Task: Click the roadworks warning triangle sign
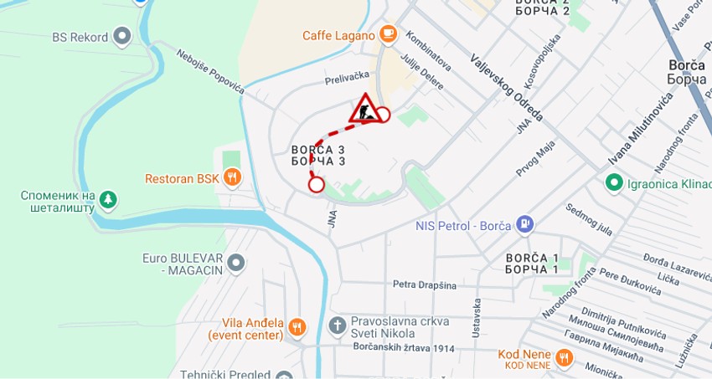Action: click(364, 109)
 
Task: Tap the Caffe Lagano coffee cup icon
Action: click(387, 33)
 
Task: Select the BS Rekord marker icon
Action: click(122, 36)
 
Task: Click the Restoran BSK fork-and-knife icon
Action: click(233, 177)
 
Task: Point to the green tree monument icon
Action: click(107, 199)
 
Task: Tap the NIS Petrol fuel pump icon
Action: click(525, 224)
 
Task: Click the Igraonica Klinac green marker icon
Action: click(613, 182)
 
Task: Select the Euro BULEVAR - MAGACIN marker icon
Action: click(236, 263)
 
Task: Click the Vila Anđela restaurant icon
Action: click(297, 327)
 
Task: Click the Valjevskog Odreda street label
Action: click(507, 87)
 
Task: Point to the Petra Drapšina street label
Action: click(425, 284)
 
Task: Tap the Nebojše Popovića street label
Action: click(209, 70)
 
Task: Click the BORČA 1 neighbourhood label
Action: click(532, 263)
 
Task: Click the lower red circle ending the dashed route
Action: click(316, 184)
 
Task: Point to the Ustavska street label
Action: click(476, 318)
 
